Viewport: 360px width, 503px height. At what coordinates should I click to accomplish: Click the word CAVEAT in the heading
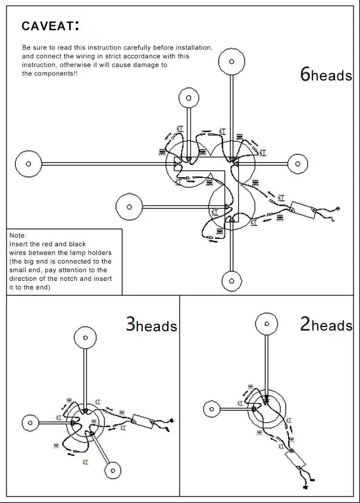click(x=47, y=26)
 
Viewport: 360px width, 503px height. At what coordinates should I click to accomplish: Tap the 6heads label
click(x=326, y=74)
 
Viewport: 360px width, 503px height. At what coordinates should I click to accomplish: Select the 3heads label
click(x=151, y=325)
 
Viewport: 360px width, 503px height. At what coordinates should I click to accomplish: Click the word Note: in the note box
click(x=18, y=236)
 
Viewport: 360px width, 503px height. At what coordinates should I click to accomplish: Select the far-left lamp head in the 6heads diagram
click(x=28, y=164)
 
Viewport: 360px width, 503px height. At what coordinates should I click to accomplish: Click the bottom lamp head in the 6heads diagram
click(x=232, y=280)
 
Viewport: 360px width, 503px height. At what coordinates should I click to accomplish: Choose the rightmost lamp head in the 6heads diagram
click(x=297, y=164)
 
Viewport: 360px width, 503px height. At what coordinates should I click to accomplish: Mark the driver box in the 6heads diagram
click(x=302, y=208)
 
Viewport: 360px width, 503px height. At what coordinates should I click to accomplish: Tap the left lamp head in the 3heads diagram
click(x=30, y=423)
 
